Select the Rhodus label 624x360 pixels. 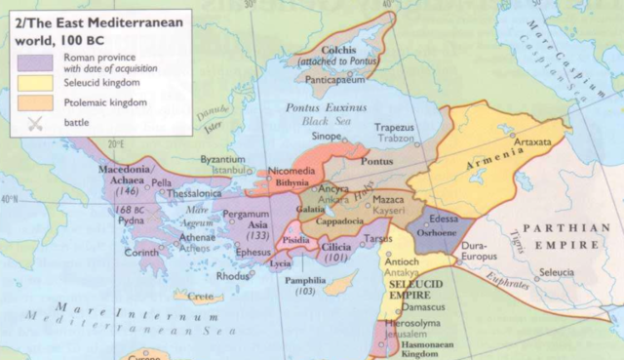232,276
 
